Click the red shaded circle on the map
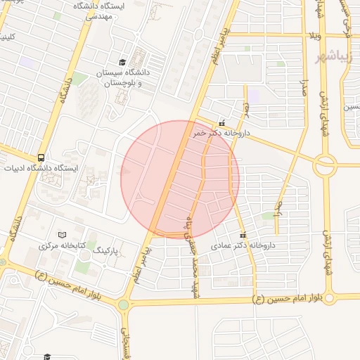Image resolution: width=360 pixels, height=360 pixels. click(180, 179)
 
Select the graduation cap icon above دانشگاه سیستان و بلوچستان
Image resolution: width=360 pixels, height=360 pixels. click(123, 62)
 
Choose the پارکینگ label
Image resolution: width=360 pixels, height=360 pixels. click(112, 250)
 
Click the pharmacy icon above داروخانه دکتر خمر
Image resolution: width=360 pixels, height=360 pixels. click(222, 123)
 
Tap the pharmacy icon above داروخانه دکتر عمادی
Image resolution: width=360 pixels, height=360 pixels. click(243, 235)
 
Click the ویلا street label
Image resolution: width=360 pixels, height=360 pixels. click(314, 35)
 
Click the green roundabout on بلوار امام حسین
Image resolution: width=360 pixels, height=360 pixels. click(124, 305)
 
